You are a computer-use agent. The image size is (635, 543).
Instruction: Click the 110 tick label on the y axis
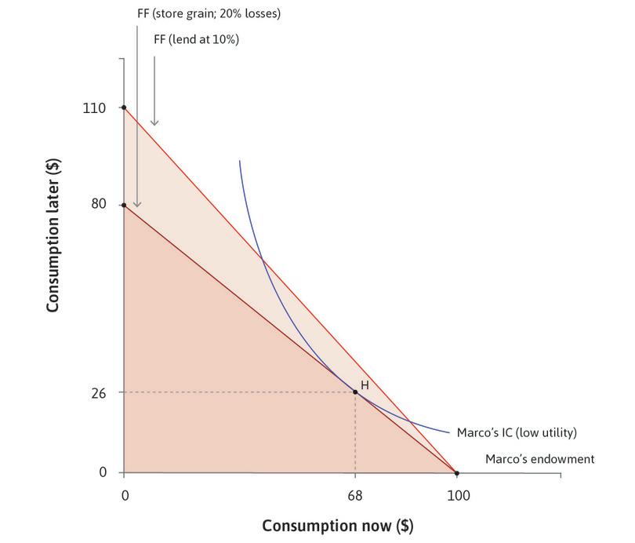click(x=94, y=108)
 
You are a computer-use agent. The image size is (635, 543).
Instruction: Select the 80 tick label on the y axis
click(x=97, y=206)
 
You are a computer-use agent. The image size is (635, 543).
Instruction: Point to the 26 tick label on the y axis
click(x=97, y=392)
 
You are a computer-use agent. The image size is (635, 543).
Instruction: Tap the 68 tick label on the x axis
click(x=355, y=496)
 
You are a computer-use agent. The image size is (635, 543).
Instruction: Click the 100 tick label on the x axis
click(x=457, y=496)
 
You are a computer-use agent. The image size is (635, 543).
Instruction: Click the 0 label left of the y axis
click(x=102, y=472)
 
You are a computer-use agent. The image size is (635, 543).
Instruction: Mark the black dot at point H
click(x=355, y=392)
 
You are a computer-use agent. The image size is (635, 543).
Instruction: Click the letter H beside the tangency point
click(x=365, y=385)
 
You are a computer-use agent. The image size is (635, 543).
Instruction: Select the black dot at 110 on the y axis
click(x=124, y=108)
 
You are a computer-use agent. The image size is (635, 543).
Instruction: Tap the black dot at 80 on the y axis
click(x=124, y=206)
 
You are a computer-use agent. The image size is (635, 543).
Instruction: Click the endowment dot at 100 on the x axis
click(x=457, y=472)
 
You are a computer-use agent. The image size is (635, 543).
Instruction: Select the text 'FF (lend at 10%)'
click(x=196, y=38)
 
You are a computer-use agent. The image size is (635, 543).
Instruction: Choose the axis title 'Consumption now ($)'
click(x=337, y=525)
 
